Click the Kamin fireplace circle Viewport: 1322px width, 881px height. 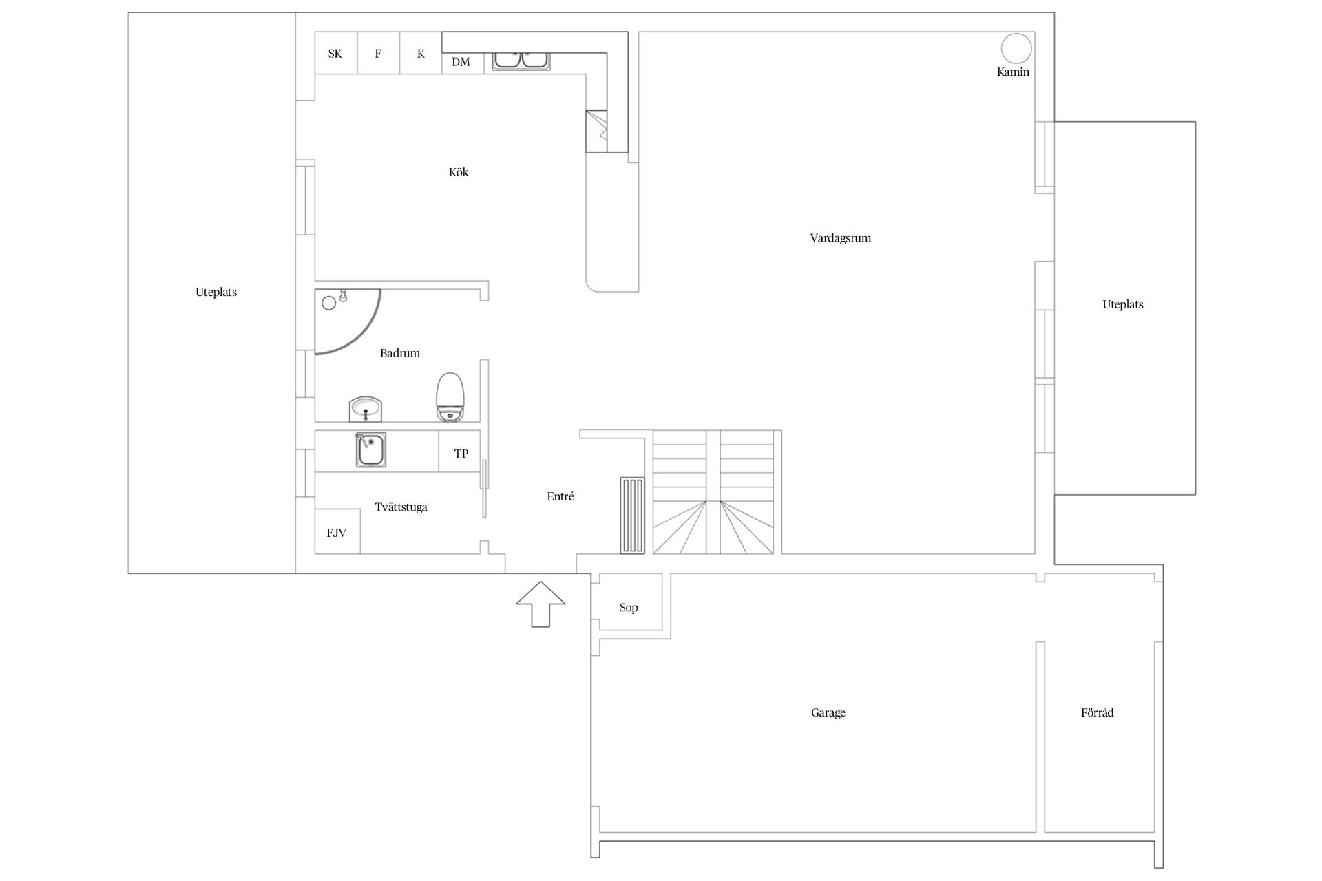coord(1016,49)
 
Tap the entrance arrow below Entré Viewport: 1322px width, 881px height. coord(541,604)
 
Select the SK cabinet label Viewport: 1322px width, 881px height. coord(335,54)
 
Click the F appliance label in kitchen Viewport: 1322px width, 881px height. coord(378,53)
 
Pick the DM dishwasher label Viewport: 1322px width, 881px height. coord(461,62)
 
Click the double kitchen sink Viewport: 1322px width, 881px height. coord(521,60)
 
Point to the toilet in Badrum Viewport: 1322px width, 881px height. coord(450,397)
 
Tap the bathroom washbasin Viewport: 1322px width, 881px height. coord(366,409)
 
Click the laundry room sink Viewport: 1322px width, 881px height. coord(370,450)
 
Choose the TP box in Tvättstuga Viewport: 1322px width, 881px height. coord(460,452)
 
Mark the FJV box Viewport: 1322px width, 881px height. coord(337,531)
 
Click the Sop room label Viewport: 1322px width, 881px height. coord(629,608)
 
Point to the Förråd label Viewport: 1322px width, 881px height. coord(1097,712)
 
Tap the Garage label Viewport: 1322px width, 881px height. coord(828,713)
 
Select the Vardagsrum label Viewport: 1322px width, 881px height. coord(841,238)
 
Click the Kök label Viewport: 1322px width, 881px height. coord(459,172)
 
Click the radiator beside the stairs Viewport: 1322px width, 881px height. coord(632,516)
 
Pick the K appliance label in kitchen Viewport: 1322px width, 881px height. coord(421,53)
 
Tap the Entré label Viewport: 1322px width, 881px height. coord(560,496)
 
